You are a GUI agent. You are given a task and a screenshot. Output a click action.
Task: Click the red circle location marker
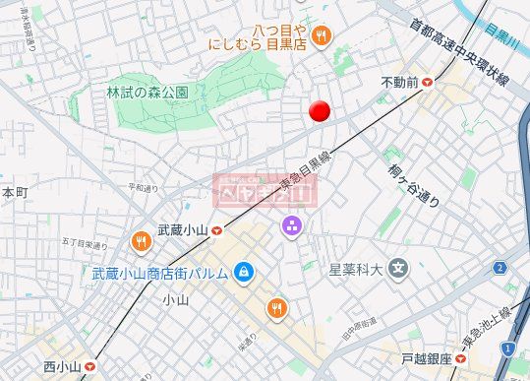[318, 111]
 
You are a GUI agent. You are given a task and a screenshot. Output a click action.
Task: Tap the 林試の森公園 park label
[147, 92]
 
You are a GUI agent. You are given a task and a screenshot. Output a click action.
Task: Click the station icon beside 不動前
[428, 84]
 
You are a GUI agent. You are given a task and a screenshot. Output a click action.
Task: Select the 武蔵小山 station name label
[183, 229]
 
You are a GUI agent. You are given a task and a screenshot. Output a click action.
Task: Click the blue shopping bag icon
[244, 272]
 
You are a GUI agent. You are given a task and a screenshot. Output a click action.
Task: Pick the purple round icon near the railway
[291, 229]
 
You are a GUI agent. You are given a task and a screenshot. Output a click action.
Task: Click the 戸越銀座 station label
[427, 359]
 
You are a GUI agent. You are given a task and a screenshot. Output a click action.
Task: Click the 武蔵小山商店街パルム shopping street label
[161, 273]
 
